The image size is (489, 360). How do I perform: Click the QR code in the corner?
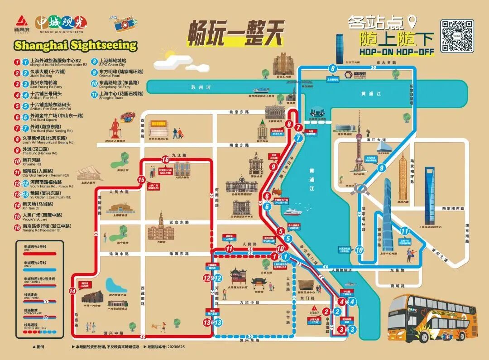click(457, 36)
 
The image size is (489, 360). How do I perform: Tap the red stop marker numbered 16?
click(165, 159)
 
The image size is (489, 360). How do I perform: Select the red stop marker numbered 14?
click(73, 291)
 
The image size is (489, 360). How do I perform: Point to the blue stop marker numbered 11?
click(405, 231)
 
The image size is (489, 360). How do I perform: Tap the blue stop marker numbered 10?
click(360, 250)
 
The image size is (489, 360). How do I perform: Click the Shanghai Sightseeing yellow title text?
click(75, 45)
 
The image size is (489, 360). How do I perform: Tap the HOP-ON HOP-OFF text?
click(397, 52)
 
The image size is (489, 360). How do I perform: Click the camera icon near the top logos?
click(121, 24)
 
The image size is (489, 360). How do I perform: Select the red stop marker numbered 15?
click(141, 180)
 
